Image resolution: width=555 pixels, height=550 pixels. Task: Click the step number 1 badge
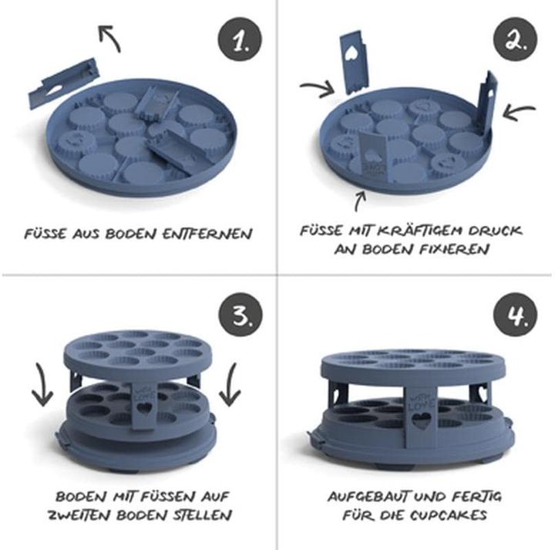pyautogui.click(x=238, y=39)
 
